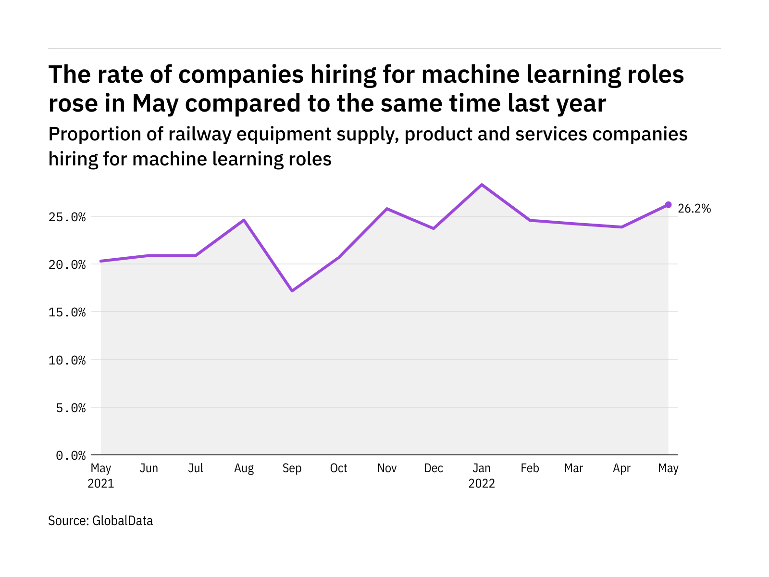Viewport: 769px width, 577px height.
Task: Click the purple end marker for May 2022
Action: (x=668, y=205)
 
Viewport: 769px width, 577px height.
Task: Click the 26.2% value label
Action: (x=694, y=209)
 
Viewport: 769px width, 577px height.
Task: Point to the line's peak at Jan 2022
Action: (x=482, y=185)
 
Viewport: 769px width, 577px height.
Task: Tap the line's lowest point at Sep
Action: (x=292, y=291)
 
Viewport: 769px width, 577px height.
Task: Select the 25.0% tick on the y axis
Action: (x=67, y=217)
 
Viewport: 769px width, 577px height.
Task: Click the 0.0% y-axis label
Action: (x=71, y=455)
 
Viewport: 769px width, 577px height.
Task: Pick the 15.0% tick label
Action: (x=67, y=313)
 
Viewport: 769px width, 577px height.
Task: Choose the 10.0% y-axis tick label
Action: (x=67, y=360)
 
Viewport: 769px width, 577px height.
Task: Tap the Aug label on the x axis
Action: (x=244, y=468)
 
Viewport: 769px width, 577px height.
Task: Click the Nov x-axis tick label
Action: (x=387, y=468)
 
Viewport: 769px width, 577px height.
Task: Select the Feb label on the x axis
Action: (x=530, y=468)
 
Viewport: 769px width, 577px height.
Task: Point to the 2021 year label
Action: (x=101, y=483)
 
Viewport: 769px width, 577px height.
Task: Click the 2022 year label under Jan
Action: (x=482, y=483)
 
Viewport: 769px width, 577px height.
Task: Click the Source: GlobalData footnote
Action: (x=100, y=521)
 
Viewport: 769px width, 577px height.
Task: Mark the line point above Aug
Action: (x=244, y=220)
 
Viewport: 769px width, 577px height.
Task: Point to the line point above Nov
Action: (x=387, y=209)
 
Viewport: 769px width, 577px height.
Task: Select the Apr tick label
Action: (x=621, y=468)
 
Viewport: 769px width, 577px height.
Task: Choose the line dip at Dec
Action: (x=434, y=228)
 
